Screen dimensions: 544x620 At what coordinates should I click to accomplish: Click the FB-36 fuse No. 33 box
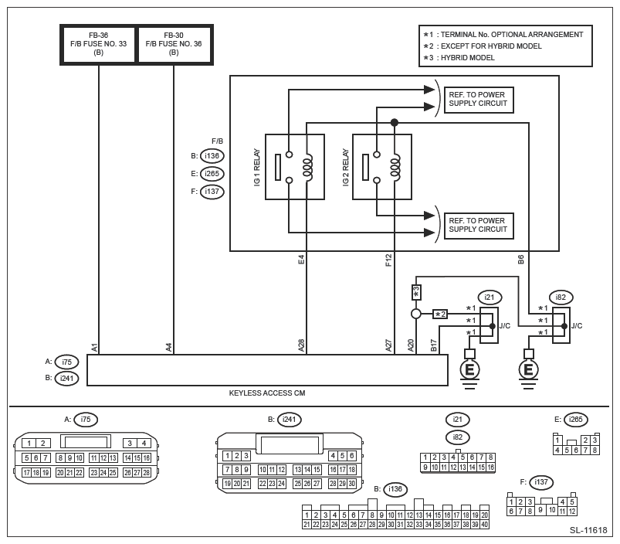[99, 44]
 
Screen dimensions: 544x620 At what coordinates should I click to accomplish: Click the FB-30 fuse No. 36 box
[174, 44]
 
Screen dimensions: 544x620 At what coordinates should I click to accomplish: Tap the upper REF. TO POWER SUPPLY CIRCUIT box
[478, 100]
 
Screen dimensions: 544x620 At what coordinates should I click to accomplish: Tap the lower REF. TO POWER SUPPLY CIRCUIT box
[478, 225]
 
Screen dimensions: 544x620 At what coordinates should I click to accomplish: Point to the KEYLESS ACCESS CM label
[267, 393]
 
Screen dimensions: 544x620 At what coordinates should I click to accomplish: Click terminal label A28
[301, 345]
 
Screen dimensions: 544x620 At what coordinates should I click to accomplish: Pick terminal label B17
[434, 345]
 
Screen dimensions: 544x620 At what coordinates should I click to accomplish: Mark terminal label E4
[301, 260]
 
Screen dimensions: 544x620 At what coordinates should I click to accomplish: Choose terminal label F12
[388, 260]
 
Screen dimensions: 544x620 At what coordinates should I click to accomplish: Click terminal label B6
[521, 260]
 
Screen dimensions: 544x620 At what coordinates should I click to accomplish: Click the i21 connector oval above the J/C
[490, 297]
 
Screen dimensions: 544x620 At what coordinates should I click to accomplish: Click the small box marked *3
[416, 292]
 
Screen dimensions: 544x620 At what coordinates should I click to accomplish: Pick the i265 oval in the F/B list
[212, 174]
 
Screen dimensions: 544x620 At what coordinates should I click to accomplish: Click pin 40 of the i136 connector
[484, 525]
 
